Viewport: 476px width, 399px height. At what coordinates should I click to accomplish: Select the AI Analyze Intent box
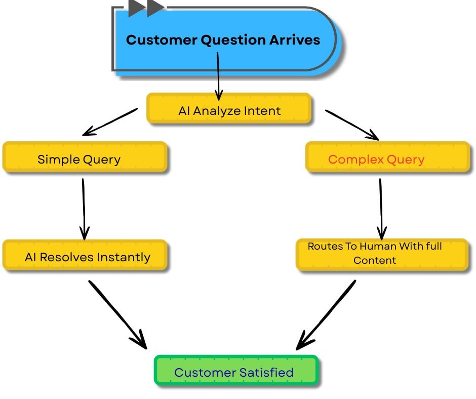click(x=229, y=110)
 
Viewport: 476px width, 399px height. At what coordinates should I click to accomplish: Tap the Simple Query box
click(x=85, y=159)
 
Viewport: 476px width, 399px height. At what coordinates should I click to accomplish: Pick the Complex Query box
click(x=387, y=159)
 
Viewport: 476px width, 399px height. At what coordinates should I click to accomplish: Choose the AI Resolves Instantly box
click(x=85, y=257)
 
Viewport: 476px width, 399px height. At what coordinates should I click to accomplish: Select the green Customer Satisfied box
click(x=235, y=372)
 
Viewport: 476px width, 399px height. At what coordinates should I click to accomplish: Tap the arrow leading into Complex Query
click(x=352, y=124)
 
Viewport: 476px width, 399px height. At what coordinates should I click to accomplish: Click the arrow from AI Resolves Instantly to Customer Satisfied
click(x=117, y=314)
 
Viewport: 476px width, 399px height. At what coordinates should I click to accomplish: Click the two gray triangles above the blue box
click(x=146, y=8)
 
